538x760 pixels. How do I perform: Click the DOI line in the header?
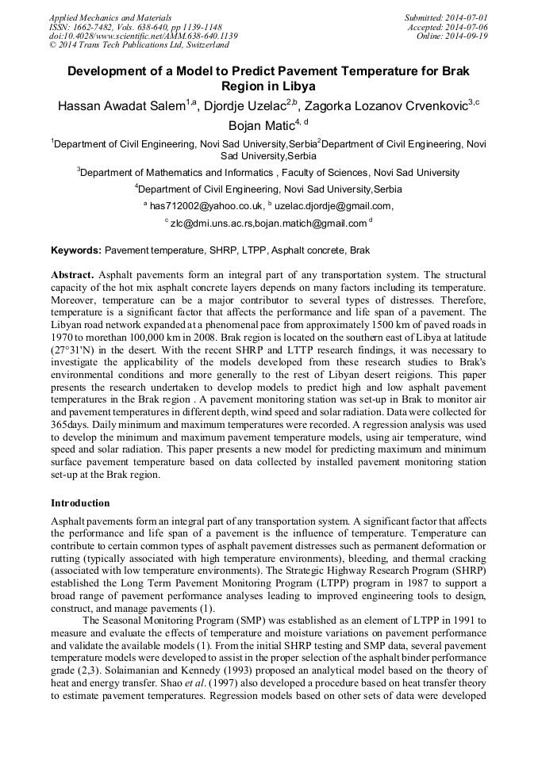(x=143, y=36)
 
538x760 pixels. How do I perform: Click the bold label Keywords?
(x=76, y=250)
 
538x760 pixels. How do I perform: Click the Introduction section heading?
(x=80, y=502)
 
